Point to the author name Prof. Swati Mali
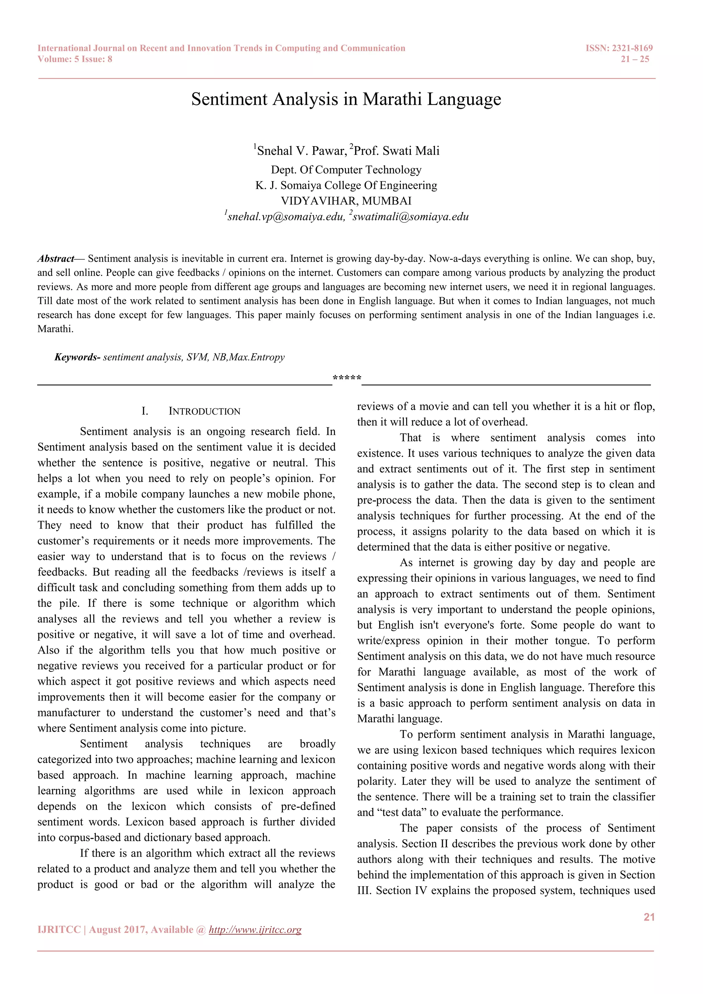click(x=396, y=151)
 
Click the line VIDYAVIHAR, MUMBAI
click(x=346, y=201)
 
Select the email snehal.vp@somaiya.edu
click(x=286, y=217)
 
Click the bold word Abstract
click(x=56, y=259)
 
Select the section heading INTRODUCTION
click(x=204, y=411)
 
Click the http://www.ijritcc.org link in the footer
click(x=255, y=929)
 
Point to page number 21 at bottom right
click(x=649, y=917)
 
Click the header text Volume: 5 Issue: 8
click(x=75, y=59)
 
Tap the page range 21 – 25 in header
click(x=635, y=59)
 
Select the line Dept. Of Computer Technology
click(x=346, y=170)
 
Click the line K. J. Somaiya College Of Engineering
click(x=346, y=185)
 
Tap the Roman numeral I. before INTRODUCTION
click(x=145, y=411)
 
